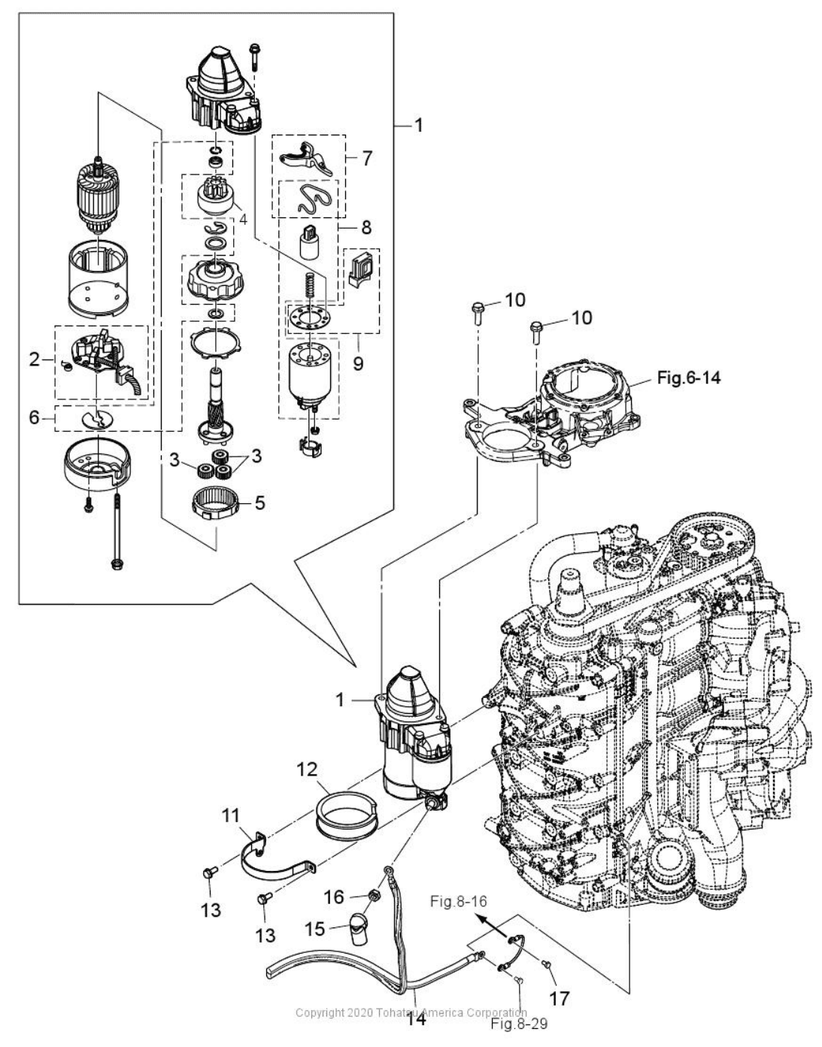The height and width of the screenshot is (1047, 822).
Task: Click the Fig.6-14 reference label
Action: (x=688, y=378)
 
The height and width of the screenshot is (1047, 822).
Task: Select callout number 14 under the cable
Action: (x=416, y=1019)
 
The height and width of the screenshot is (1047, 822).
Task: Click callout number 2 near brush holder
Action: (x=35, y=359)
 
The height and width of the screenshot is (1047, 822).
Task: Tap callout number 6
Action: (x=35, y=417)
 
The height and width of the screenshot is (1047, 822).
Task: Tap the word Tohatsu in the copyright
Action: (x=395, y=1012)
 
